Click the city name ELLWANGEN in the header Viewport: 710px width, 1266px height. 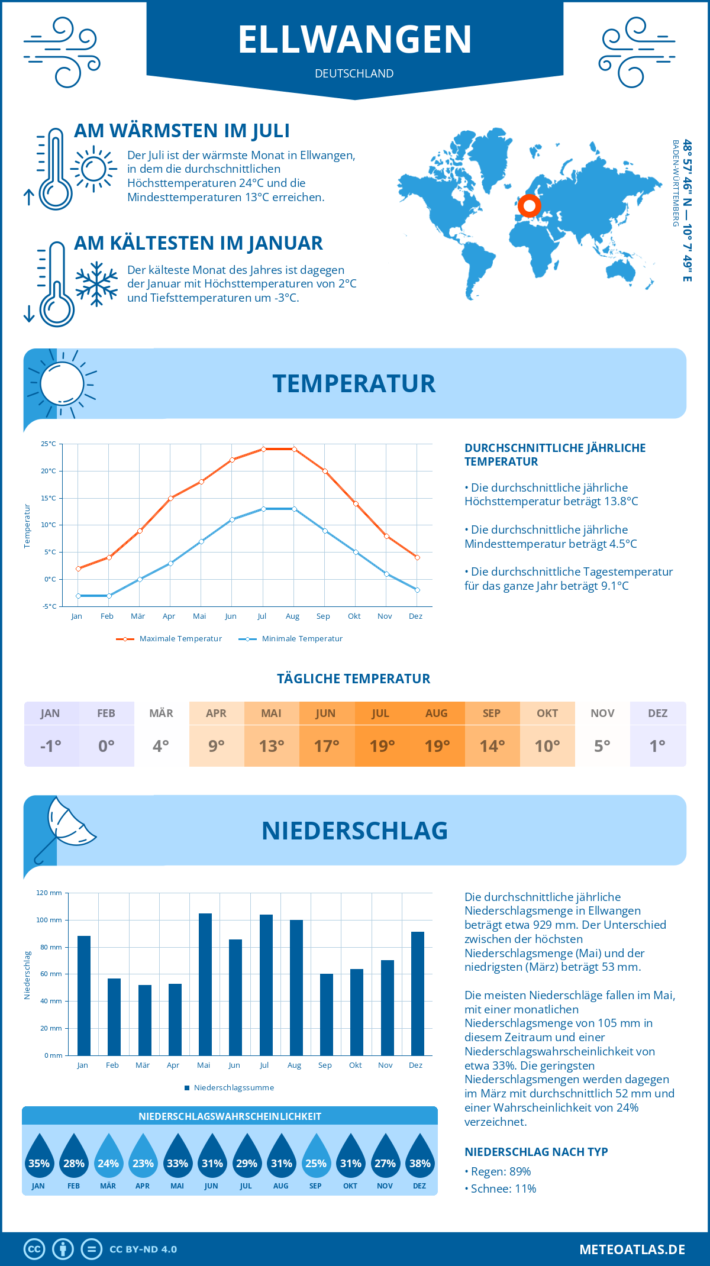point(355,40)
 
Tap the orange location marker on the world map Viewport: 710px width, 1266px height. point(529,206)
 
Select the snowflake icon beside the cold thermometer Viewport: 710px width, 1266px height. point(96,284)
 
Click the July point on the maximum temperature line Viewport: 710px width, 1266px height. point(263,449)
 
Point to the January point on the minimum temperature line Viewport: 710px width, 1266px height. point(78,596)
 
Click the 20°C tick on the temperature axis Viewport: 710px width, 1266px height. point(49,471)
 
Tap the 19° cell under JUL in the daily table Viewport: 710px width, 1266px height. point(382,746)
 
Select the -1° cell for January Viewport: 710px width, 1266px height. point(51,746)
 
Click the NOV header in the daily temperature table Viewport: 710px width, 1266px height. point(602,713)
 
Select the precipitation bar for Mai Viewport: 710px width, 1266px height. point(205,984)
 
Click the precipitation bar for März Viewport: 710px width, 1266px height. point(145,1020)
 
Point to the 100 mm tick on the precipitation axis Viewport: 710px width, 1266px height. point(49,920)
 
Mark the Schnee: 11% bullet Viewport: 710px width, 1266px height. point(503,1189)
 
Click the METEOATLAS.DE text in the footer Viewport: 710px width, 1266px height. point(632,1249)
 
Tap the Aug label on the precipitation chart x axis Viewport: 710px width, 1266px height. point(294,1065)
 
